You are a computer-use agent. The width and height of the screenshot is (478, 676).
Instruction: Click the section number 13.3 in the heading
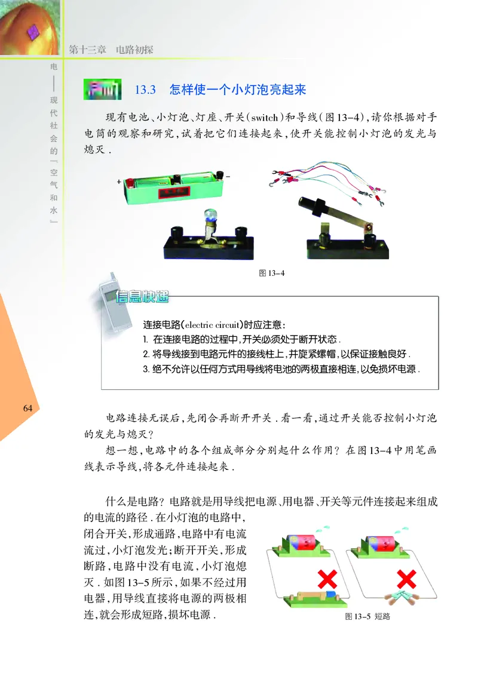(145, 90)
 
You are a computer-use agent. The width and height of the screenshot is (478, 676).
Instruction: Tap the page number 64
(27, 408)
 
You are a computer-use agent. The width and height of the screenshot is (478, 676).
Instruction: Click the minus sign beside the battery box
(228, 177)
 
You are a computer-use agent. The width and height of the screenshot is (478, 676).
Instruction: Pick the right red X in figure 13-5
(406, 578)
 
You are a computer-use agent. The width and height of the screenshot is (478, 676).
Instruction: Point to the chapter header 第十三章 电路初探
(111, 50)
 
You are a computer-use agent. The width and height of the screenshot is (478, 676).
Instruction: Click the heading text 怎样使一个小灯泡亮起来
(237, 90)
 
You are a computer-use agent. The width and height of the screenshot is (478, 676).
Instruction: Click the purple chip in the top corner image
(33, 28)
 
